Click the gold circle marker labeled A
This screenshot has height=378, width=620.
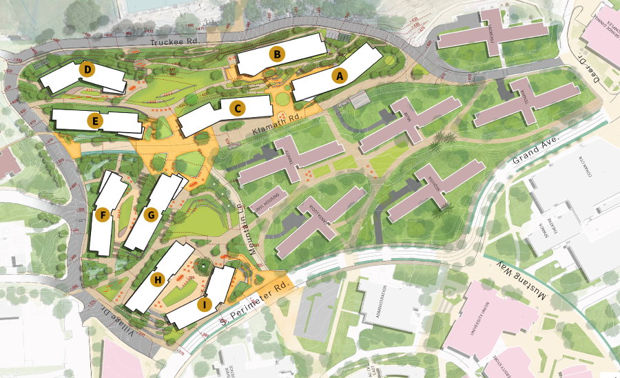338,76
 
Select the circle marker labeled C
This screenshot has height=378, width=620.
237,108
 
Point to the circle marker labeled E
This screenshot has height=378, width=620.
96,122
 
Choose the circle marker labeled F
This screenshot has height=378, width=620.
103,216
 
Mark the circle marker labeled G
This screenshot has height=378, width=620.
151,215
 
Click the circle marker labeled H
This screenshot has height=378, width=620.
158,280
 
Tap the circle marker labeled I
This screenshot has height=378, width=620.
204,304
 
